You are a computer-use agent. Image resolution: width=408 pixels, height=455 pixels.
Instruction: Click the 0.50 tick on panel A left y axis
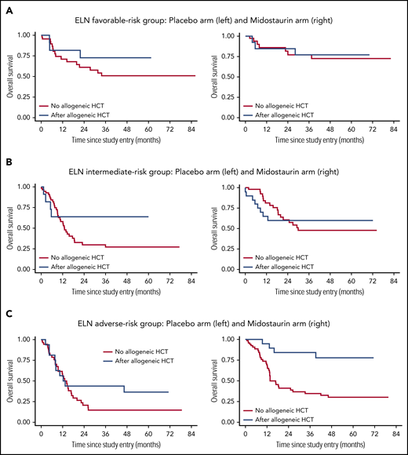click(x=27, y=76)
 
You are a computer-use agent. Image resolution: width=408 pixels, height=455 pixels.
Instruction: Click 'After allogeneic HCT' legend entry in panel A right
click(x=294, y=112)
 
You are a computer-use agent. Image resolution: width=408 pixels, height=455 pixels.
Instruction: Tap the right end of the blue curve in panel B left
click(x=148, y=217)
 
